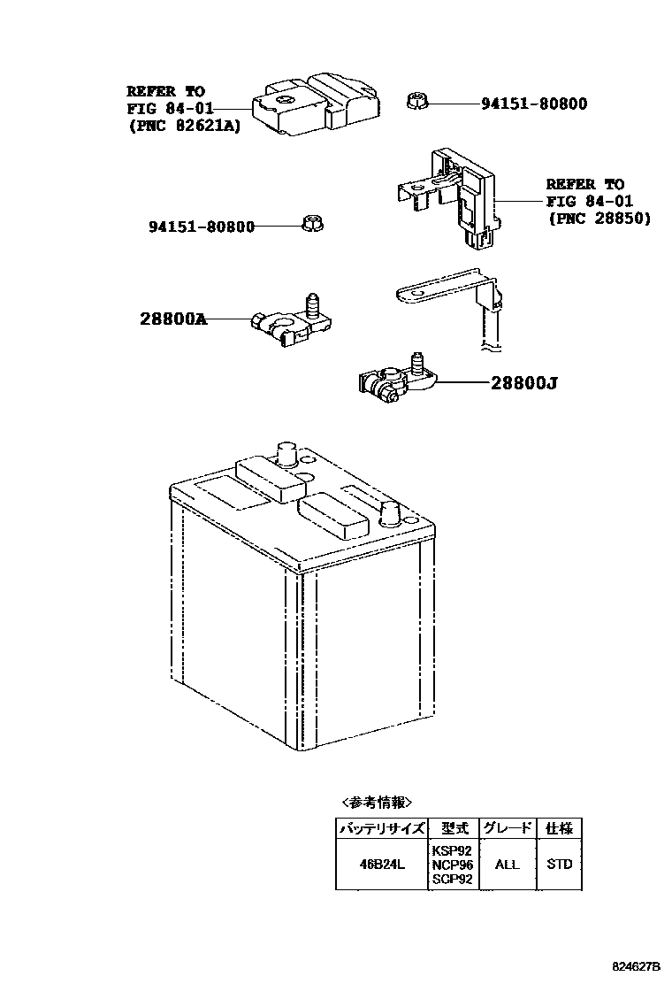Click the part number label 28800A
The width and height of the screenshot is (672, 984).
coord(173,319)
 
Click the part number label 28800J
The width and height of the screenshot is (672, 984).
coord(524,383)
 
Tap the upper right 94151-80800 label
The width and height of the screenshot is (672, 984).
coord(534,104)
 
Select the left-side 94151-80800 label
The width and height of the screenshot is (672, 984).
coord(201,227)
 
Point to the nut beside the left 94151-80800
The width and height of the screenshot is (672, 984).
coord(310,224)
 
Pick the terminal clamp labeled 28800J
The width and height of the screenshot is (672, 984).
coord(393,380)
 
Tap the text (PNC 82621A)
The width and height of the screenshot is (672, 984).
coord(184,126)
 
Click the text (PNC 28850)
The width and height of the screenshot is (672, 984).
coord(599,218)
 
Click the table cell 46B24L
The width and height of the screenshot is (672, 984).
coord(381,864)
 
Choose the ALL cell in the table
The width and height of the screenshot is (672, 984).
coord(508,864)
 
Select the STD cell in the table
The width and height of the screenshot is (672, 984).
coord(559,864)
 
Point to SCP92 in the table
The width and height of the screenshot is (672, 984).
coord(452,880)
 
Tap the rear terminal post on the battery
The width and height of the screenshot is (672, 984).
coord(286,452)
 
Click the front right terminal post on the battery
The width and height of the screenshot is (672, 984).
coord(392,513)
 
